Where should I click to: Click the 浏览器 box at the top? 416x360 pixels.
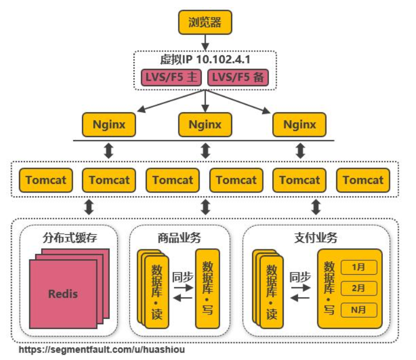pyautogui.click(x=205, y=23)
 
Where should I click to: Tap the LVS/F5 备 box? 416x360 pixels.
pyautogui.click(x=238, y=78)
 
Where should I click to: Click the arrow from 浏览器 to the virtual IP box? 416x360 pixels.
pyautogui.click(x=205, y=42)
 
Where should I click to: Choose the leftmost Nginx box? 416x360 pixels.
pyautogui.click(x=109, y=125)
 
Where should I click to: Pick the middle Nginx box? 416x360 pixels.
pyautogui.click(x=205, y=125)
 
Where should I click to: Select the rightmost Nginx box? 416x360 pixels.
pyautogui.click(x=299, y=125)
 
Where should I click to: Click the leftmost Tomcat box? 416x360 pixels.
pyautogui.click(x=46, y=180)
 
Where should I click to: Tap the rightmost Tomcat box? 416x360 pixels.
pyautogui.click(x=363, y=180)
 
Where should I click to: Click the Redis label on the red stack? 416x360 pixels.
pyautogui.click(x=63, y=294)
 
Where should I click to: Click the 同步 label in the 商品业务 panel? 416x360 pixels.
pyautogui.click(x=182, y=277)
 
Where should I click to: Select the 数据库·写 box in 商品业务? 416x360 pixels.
pyautogui.click(x=207, y=289)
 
